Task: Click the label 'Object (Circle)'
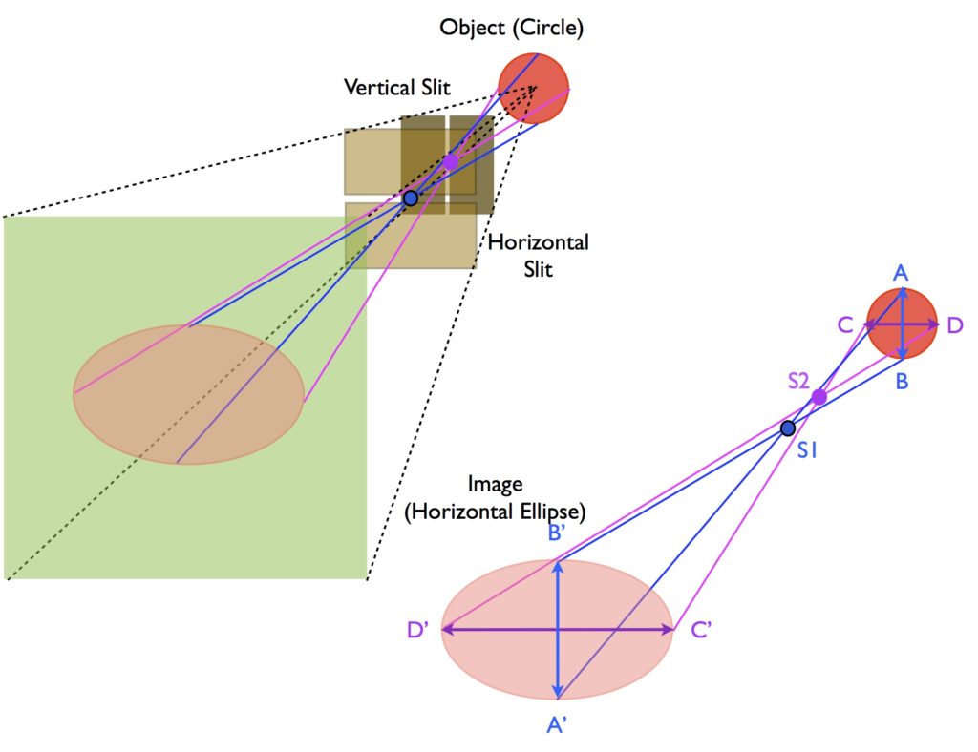(x=511, y=28)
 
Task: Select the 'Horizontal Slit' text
(x=539, y=255)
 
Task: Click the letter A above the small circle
(x=901, y=274)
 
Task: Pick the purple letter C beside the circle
(x=844, y=325)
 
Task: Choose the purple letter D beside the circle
(x=955, y=326)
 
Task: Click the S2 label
(x=799, y=379)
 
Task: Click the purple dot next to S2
(x=819, y=397)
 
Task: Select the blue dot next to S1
(x=788, y=428)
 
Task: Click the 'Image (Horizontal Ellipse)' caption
(x=495, y=497)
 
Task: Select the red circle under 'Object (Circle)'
(x=533, y=87)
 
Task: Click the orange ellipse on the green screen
(x=188, y=394)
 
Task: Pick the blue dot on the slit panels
(x=411, y=198)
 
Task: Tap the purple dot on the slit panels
(x=450, y=162)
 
